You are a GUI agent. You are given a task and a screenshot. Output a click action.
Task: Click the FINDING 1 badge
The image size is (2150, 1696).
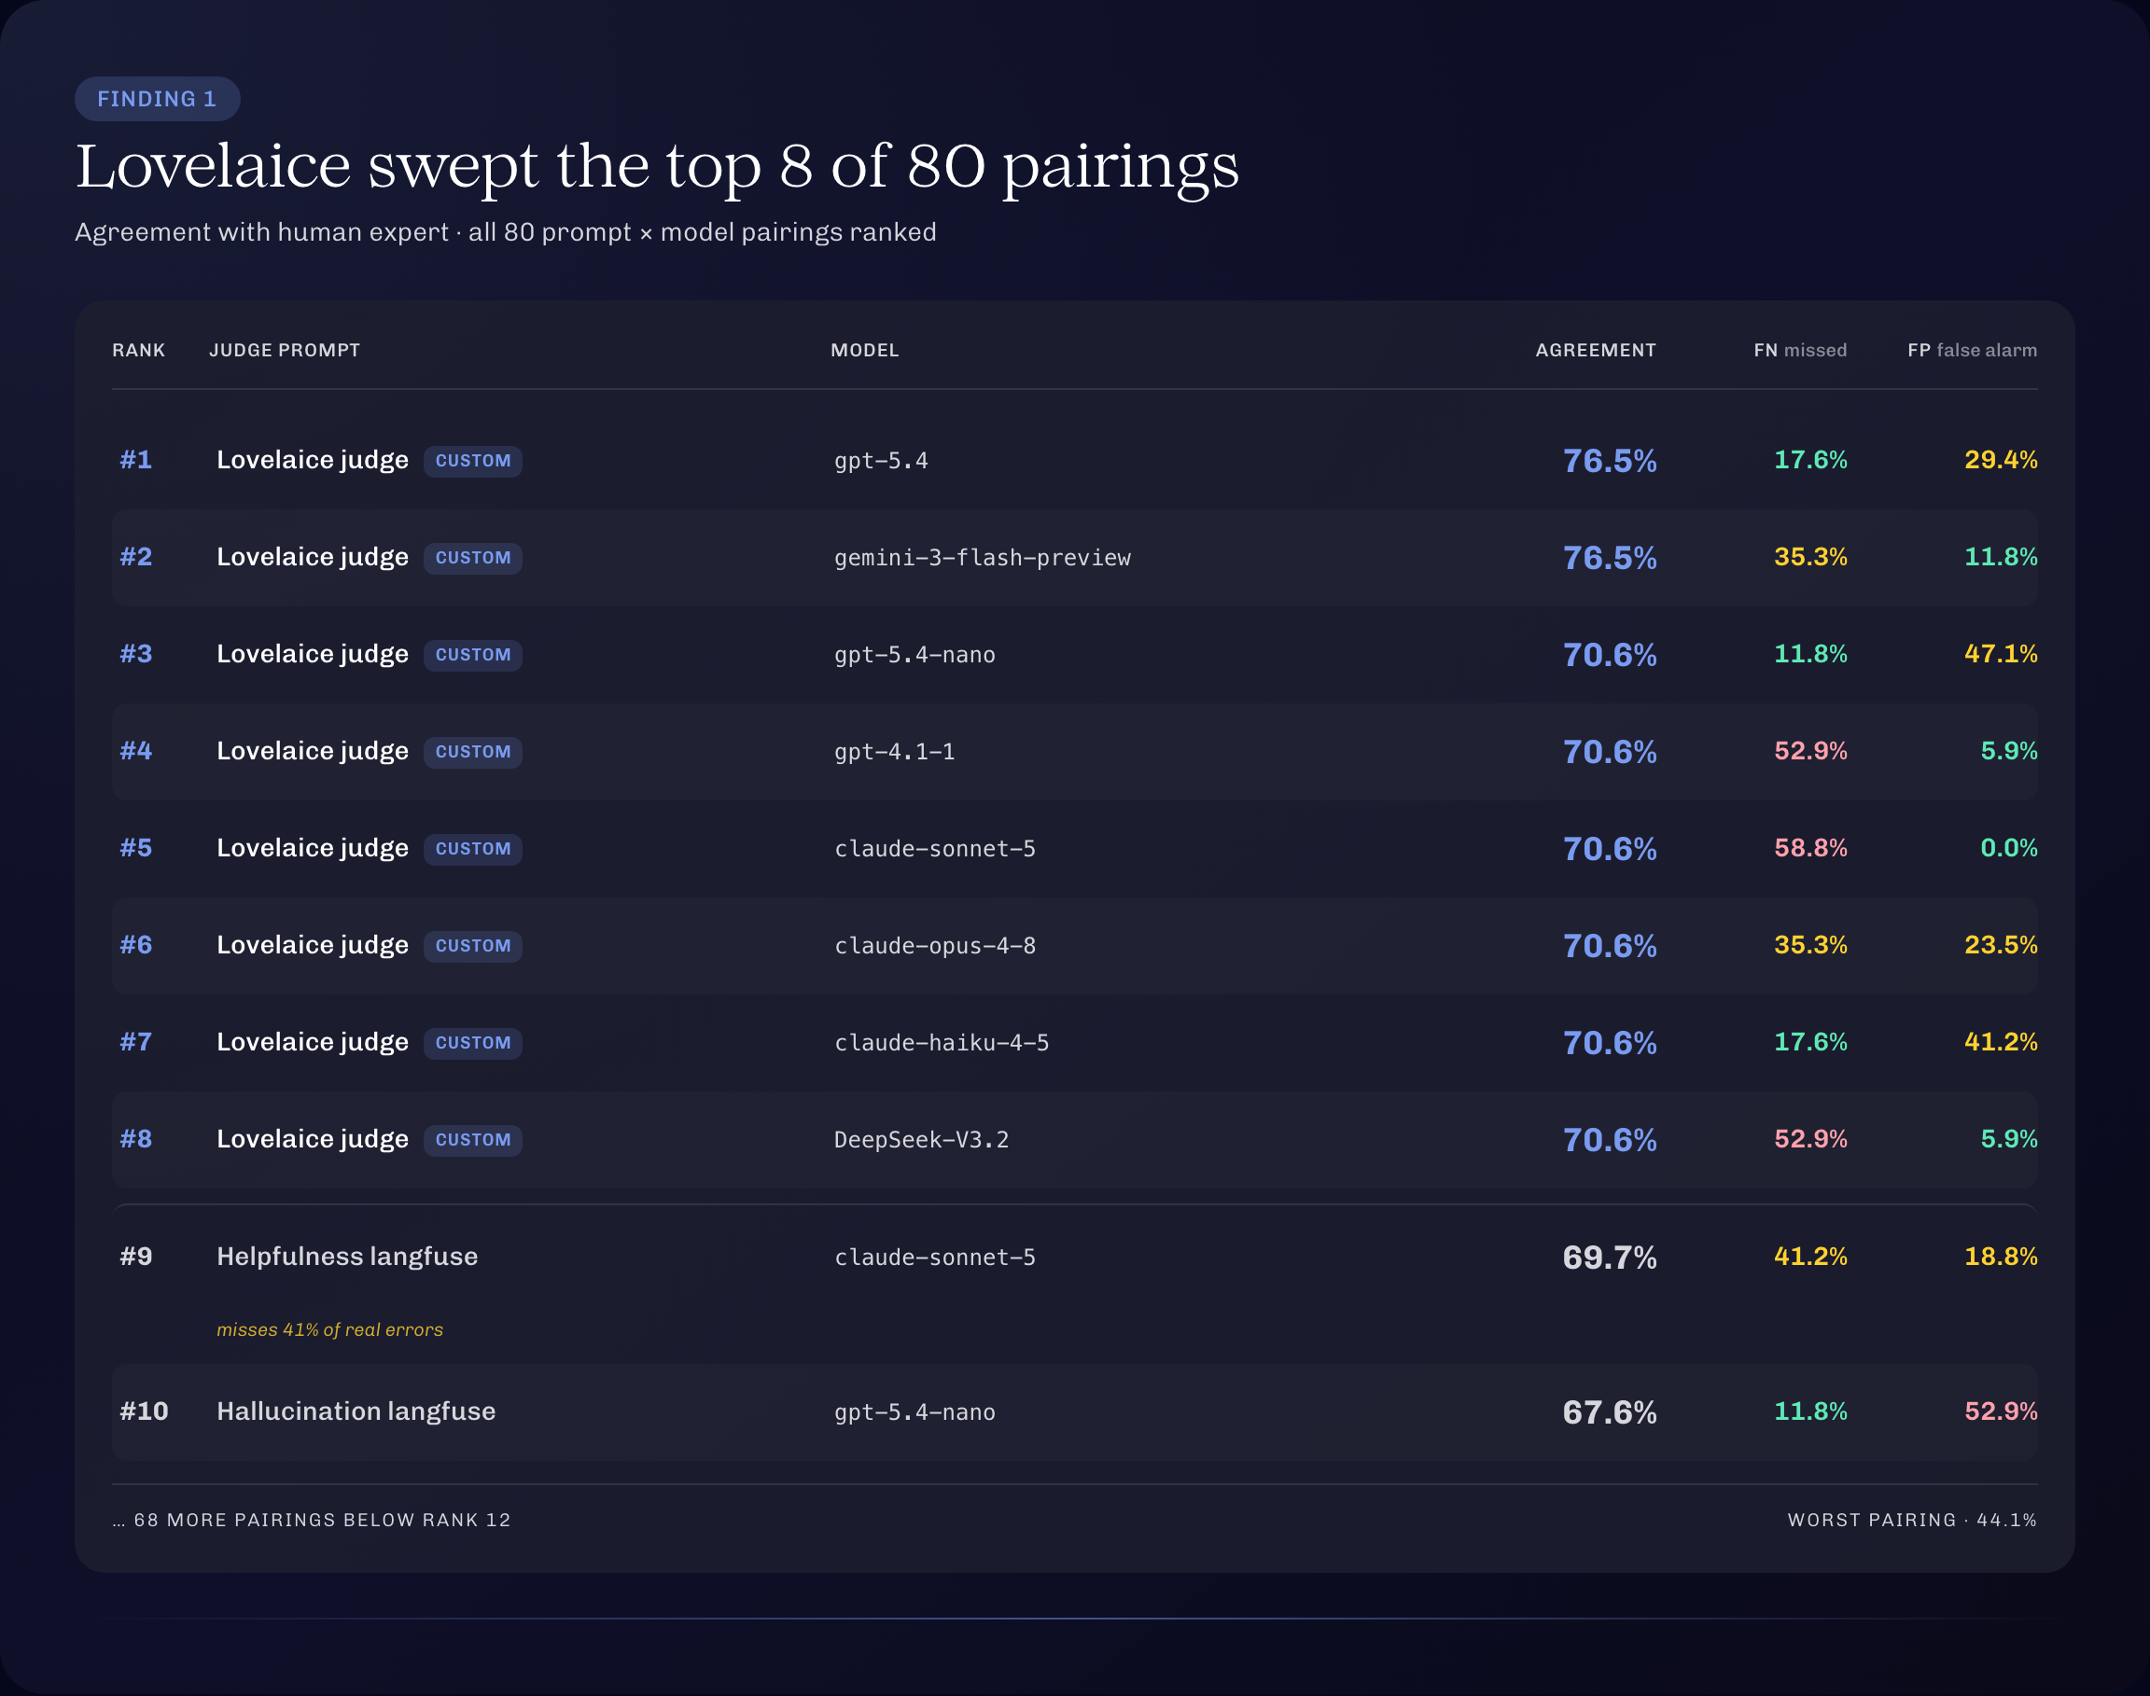[x=157, y=99]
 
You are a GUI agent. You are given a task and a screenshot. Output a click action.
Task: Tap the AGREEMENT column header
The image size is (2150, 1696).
[x=1595, y=351]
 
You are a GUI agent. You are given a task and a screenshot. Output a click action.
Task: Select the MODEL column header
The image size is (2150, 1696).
[x=865, y=351]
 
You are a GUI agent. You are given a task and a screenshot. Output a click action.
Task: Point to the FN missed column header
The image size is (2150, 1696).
[x=1799, y=351]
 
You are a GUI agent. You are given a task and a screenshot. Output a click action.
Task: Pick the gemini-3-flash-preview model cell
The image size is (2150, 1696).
[x=982, y=558]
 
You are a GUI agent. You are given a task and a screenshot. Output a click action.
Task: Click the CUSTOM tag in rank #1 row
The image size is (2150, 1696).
[x=473, y=461]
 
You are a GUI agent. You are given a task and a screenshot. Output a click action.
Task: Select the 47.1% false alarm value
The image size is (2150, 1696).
[x=2000, y=654]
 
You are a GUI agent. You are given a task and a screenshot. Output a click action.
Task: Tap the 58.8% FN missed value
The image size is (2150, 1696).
[x=1810, y=848]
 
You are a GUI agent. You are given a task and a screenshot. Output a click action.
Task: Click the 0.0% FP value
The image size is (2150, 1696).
[x=2008, y=848]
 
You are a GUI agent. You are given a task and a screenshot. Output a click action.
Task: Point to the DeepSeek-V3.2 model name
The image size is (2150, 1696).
[x=922, y=1140]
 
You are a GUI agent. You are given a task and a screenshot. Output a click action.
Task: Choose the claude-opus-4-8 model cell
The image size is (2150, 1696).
[x=934, y=945]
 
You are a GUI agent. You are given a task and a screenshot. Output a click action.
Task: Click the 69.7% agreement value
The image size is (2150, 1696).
[x=1610, y=1258]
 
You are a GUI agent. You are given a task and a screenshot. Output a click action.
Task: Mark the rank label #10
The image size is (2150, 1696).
[x=144, y=1412]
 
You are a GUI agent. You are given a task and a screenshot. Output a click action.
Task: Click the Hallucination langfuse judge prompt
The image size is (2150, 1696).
[x=356, y=1412]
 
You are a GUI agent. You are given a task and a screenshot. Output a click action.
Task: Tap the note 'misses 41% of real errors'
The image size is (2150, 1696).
[x=329, y=1329]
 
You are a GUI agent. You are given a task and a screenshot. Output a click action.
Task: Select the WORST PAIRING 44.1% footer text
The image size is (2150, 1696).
[x=1912, y=1521]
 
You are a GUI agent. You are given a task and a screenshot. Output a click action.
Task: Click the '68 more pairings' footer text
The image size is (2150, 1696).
[x=312, y=1521]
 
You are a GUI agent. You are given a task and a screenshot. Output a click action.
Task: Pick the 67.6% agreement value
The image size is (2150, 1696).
[x=1610, y=1412]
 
